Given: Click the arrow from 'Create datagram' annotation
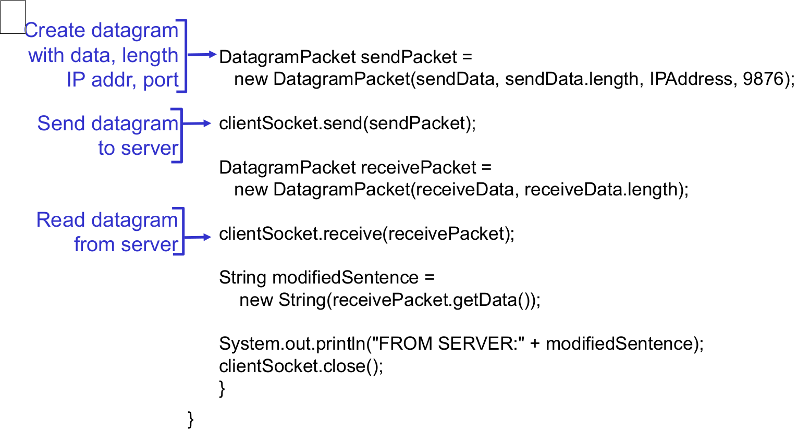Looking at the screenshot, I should [x=202, y=54].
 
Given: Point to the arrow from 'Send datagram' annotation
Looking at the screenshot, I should [x=197, y=124].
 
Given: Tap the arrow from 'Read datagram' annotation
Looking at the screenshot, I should [x=198, y=237].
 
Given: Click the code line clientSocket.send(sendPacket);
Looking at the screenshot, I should [x=347, y=124].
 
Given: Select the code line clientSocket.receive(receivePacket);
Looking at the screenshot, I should [x=366, y=234].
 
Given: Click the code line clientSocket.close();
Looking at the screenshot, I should [x=301, y=366].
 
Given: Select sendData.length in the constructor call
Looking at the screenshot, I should [x=571, y=79].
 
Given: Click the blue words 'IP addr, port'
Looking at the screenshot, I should [x=122, y=80].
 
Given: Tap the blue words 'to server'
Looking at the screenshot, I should [x=138, y=149].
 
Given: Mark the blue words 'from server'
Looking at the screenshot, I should [x=126, y=244].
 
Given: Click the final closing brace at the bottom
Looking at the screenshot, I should [x=191, y=419].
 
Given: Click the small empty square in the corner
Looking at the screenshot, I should [x=13, y=17].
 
